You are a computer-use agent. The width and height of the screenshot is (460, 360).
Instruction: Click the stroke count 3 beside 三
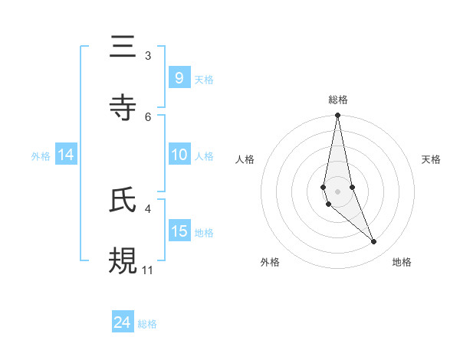pos(148,56)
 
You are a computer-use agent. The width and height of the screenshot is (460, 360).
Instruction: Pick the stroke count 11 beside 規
pos(148,270)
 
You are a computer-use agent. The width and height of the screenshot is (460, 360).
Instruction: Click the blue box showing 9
pos(179,78)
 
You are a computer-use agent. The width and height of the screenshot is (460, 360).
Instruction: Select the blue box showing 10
pos(179,155)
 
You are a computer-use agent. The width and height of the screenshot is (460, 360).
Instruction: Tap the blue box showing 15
pos(179,231)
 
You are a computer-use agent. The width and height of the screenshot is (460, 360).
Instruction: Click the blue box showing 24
pos(123,323)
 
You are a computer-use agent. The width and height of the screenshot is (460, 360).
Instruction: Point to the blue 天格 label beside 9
pos(204,79)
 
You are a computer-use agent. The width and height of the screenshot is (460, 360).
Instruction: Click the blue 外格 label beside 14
pos(41,155)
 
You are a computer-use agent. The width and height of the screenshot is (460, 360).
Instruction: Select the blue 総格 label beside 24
pos(147,324)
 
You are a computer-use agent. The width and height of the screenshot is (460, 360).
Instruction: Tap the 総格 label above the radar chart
pos(337,100)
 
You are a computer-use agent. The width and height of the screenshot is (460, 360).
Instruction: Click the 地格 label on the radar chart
pos(402,262)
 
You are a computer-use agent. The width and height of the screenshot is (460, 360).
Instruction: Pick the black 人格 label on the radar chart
pos(245,159)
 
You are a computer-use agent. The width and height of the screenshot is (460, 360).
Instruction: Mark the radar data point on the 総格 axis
pos(337,116)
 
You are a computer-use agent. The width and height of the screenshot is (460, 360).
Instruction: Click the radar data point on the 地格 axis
pos(374,242)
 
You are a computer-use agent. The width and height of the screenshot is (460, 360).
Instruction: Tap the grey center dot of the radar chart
pos(337,191)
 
